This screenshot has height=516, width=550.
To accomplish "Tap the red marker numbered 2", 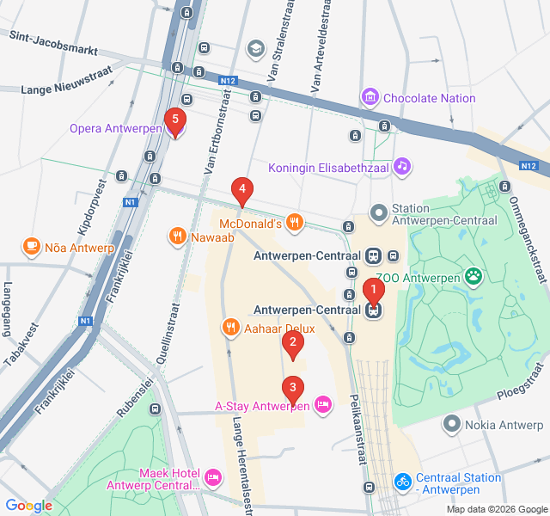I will [293, 346].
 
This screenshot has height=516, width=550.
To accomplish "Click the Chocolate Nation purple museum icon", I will [370, 98].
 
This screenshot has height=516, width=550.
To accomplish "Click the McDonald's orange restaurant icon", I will [295, 224].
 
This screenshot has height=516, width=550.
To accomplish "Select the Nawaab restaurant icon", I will [177, 236].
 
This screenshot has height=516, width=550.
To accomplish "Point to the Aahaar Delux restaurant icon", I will [230, 328].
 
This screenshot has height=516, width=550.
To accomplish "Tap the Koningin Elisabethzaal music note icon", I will [402, 167].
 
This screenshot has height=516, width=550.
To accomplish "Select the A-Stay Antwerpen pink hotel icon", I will [323, 404].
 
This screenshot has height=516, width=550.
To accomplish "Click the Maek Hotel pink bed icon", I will [212, 476].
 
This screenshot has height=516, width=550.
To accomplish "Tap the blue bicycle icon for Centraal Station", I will [402, 482].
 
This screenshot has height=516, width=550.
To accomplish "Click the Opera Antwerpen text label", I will [116, 129].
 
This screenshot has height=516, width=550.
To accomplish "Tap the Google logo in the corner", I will [28, 506].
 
